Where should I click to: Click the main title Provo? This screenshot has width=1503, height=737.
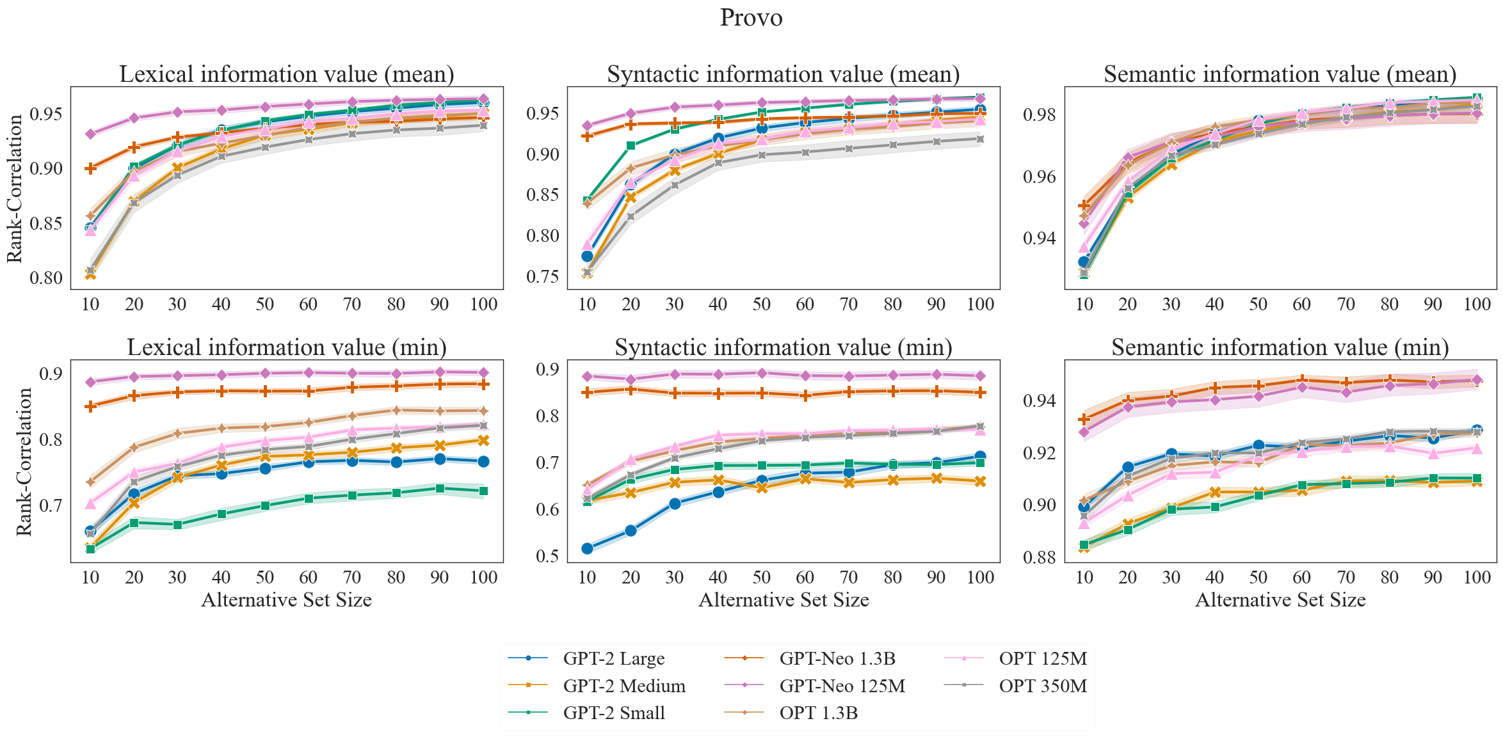point(751,18)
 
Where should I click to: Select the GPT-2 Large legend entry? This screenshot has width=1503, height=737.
point(613,658)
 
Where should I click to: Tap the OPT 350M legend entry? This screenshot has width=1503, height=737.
point(1042,686)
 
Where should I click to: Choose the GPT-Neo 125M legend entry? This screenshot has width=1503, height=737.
point(842,686)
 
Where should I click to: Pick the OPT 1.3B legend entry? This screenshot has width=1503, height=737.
point(818,713)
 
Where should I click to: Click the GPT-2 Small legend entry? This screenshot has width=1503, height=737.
point(613,713)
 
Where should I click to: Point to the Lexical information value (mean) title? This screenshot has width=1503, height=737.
point(287,74)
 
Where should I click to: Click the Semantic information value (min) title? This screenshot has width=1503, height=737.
point(1280,347)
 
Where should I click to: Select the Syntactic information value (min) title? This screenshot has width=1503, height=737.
point(784,347)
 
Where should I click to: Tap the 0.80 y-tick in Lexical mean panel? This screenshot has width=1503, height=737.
point(46,278)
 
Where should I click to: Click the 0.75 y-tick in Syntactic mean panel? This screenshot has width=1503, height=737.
point(543,276)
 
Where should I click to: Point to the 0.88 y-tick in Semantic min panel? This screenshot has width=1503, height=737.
point(1040,557)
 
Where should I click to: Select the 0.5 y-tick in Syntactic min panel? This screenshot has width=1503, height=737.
point(547,556)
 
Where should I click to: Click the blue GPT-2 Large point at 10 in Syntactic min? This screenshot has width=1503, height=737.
point(587,548)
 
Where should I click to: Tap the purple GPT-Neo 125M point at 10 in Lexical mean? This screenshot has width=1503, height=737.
point(90,134)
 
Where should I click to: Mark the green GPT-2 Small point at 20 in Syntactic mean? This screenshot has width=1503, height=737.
point(631,146)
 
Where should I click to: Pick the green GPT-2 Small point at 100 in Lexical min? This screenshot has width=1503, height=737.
point(483,491)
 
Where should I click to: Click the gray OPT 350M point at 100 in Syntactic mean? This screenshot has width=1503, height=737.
point(980,139)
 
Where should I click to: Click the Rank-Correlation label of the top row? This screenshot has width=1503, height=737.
point(14,188)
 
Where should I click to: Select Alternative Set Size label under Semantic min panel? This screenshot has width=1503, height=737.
point(1280,600)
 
